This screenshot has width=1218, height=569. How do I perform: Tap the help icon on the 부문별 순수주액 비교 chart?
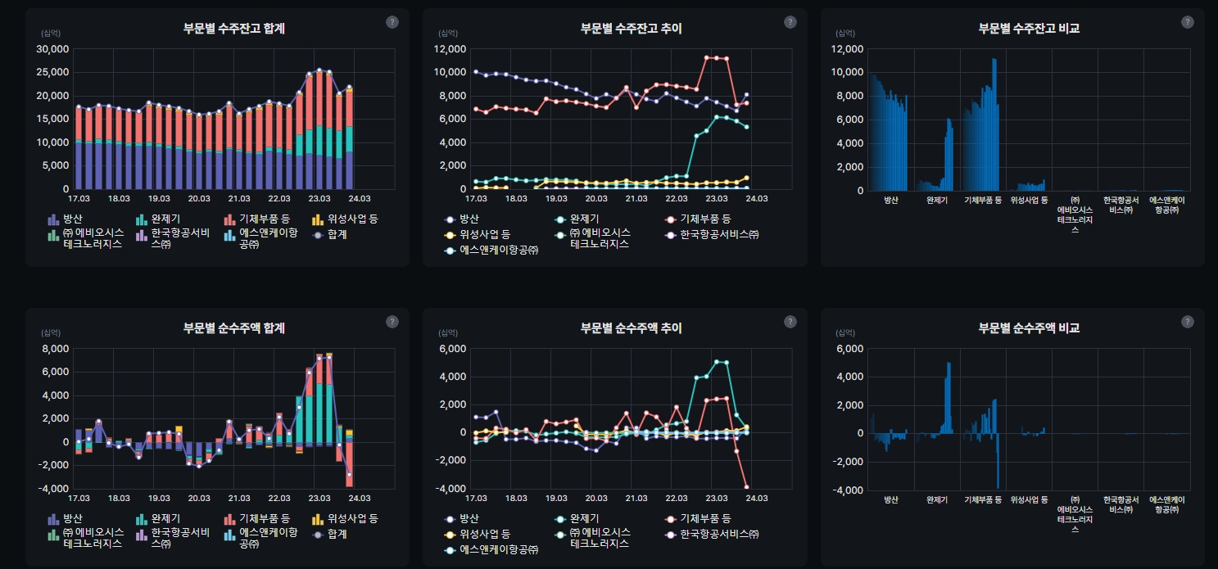click(1187, 322)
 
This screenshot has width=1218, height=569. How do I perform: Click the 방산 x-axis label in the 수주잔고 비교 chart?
click(891, 200)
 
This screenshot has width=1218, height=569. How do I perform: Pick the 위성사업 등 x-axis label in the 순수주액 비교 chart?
click(1029, 499)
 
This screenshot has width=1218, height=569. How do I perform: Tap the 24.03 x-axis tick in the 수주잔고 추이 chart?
click(755, 199)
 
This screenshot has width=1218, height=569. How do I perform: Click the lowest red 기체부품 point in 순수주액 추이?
click(746, 487)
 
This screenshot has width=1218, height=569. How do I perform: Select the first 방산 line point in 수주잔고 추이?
click(476, 72)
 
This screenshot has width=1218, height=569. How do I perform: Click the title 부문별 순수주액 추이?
click(631, 328)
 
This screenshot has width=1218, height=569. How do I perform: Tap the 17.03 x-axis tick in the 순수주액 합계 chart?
click(79, 498)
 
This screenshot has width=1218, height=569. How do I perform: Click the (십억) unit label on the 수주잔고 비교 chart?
click(844, 34)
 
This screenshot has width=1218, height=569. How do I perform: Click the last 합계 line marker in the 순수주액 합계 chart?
click(349, 475)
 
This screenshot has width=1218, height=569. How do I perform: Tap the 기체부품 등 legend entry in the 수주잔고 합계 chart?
click(258, 219)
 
